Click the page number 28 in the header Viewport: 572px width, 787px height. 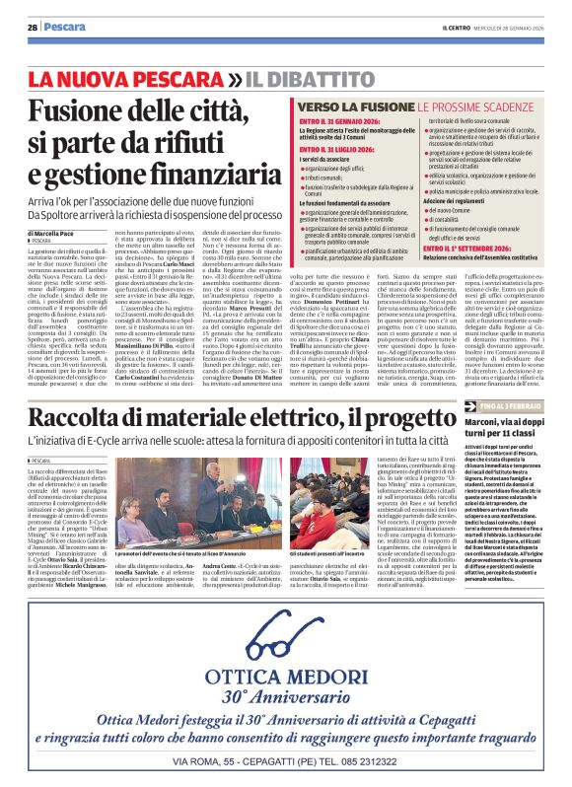point(33,27)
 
